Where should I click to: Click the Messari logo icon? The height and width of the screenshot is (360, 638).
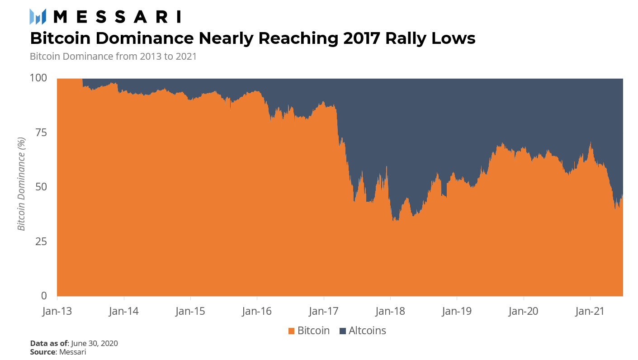pyautogui.click(x=38, y=17)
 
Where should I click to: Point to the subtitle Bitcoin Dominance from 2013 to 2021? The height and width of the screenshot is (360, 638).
pyautogui.click(x=113, y=57)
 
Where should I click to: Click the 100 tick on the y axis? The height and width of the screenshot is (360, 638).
pyautogui.click(x=38, y=78)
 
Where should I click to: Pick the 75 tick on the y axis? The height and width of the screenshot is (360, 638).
pyautogui.click(x=42, y=133)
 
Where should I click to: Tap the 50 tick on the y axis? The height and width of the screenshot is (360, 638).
pyautogui.click(x=42, y=187)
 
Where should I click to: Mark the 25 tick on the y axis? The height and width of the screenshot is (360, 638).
pyautogui.click(x=42, y=242)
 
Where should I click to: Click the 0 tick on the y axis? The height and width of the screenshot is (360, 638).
pyautogui.click(x=44, y=296)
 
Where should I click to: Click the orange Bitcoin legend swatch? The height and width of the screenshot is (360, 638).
pyautogui.click(x=292, y=331)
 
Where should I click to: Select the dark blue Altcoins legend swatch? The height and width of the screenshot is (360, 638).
pyautogui.click(x=343, y=331)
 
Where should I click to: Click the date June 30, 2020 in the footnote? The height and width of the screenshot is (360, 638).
pyautogui.click(x=95, y=343)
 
